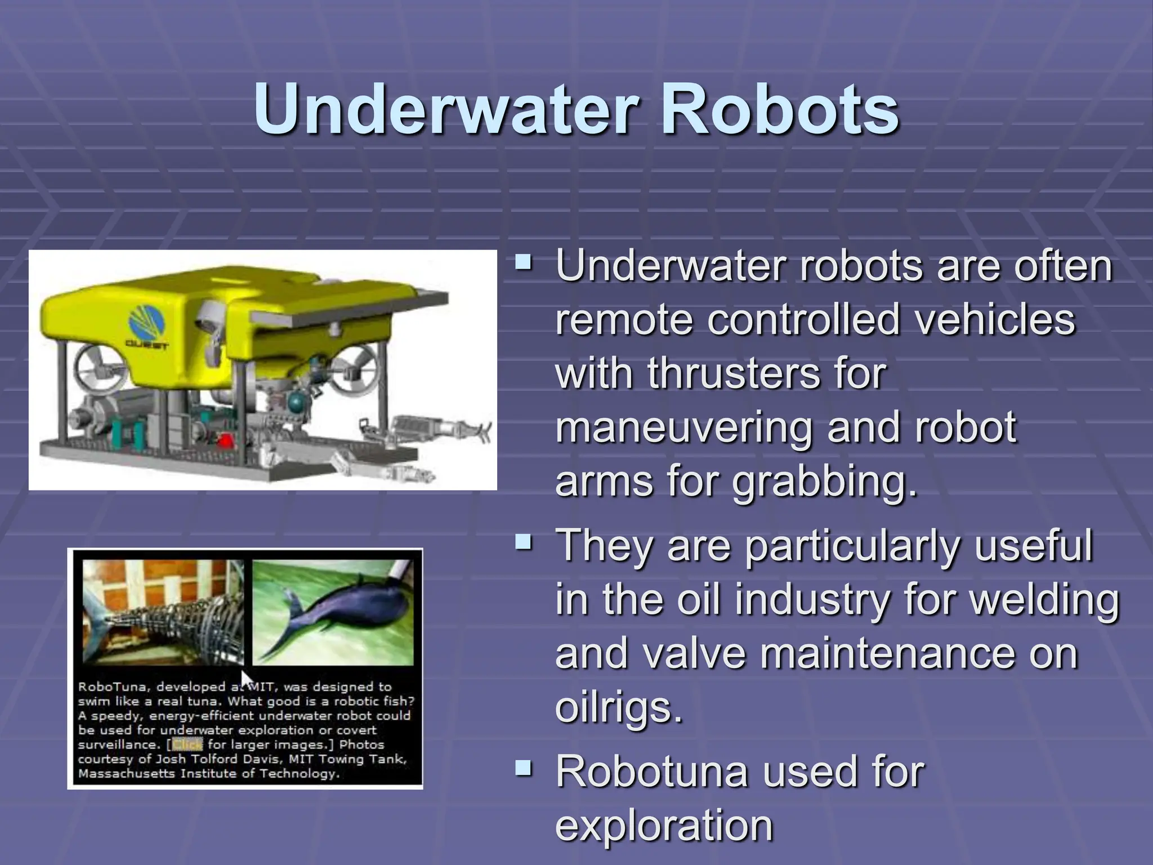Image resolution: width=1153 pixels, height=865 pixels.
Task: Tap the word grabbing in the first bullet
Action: tap(825, 482)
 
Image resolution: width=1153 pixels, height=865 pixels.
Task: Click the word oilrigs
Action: tap(618, 707)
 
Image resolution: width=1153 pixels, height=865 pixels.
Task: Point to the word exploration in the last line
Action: tap(664, 825)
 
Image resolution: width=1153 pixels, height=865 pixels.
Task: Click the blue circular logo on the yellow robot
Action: tap(147, 318)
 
